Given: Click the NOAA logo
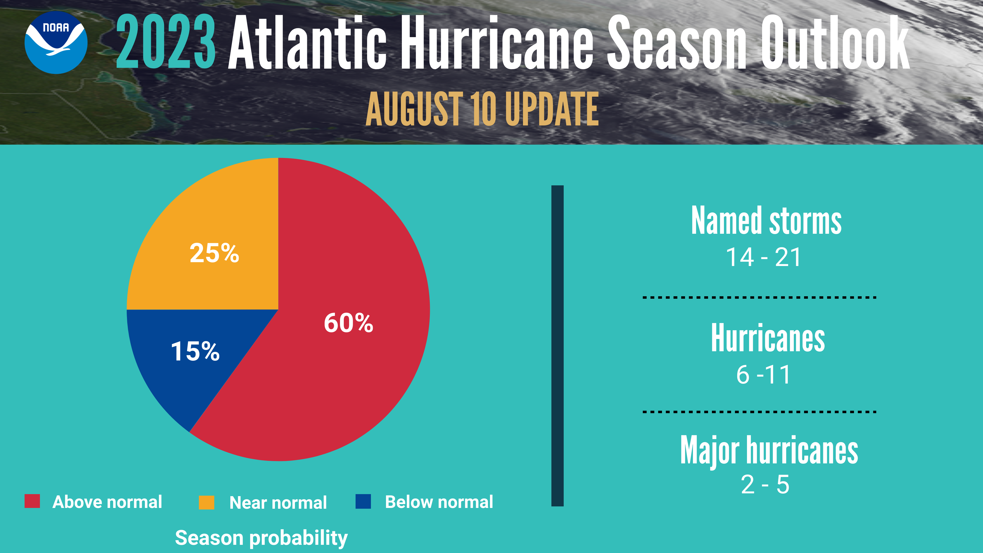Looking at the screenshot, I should click(x=56, y=42).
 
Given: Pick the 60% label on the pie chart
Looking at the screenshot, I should click(x=348, y=323).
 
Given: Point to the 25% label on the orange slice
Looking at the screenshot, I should click(x=214, y=253).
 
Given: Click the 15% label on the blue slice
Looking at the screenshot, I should click(x=195, y=351).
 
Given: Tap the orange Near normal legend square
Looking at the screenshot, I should click(x=206, y=502).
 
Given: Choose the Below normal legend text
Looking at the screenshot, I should click(x=439, y=502).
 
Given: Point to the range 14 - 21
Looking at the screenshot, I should click(x=763, y=257).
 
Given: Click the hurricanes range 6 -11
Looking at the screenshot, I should click(x=763, y=375).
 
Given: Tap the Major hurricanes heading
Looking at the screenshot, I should click(x=769, y=450).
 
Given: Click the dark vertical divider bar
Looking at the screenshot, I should click(x=557, y=346).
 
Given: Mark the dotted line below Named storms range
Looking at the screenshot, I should click(x=759, y=297).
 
